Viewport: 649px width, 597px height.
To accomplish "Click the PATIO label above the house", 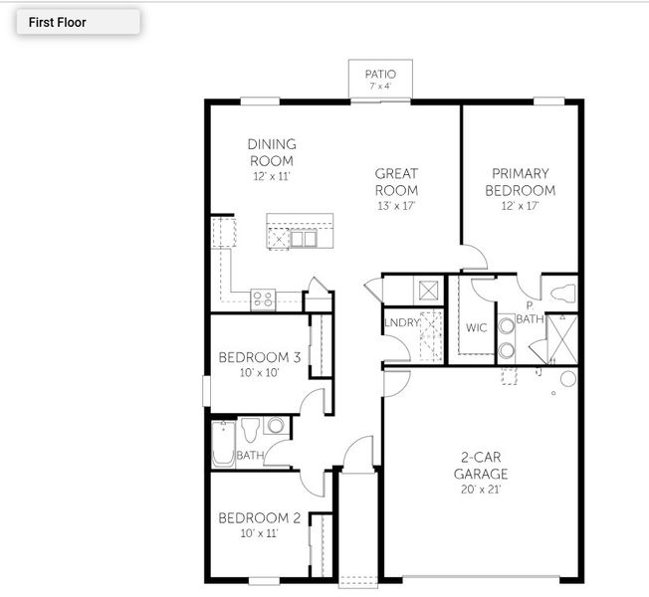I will [379, 74].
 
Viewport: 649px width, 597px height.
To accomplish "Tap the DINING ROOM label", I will [272, 152].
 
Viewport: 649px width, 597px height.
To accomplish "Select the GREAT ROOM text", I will [395, 182].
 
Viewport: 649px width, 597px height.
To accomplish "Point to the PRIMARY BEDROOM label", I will [520, 181].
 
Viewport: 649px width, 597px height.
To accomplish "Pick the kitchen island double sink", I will [304, 239].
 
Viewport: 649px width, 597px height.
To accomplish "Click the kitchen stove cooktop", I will [263, 297].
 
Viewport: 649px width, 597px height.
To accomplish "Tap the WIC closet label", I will [477, 328].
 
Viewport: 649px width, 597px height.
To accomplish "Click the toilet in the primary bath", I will [563, 293].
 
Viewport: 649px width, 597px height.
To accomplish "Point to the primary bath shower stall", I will [559, 338].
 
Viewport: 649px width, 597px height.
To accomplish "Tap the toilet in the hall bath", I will [250, 430].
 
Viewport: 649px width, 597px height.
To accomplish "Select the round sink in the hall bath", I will [276, 426].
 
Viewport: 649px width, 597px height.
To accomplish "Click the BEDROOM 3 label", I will [260, 357].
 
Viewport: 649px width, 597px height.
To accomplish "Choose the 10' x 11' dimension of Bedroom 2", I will [259, 533].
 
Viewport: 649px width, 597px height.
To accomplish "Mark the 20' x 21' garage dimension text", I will [483, 490].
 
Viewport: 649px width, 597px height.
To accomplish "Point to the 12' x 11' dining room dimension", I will [272, 176].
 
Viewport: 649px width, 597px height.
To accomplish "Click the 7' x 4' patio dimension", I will [379, 87].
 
